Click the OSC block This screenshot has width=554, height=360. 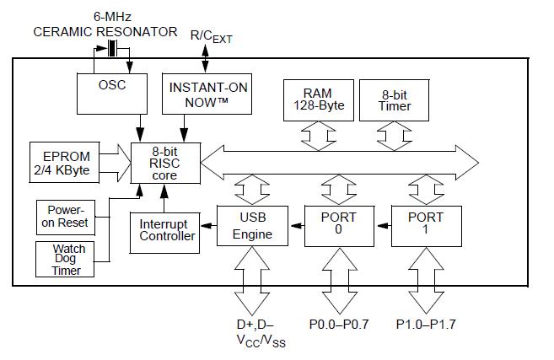[x=112, y=94]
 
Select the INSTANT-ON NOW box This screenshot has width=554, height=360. [x=207, y=94]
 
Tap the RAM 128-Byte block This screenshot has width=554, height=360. [x=319, y=100]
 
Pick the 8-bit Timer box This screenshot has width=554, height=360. [x=395, y=100]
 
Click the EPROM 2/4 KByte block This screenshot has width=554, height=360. [x=64, y=162]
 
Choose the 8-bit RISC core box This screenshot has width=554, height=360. [x=166, y=164]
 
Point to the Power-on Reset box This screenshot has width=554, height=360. [x=66, y=218]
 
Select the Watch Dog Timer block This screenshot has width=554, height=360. [x=65, y=260]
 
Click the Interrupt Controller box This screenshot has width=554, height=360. [x=164, y=233]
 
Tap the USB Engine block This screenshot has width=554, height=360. [x=252, y=226]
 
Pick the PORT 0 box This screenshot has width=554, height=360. [x=339, y=226]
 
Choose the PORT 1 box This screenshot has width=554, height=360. [x=427, y=226]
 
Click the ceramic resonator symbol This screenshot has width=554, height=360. [x=112, y=48]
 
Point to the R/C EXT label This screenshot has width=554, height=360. [x=212, y=37]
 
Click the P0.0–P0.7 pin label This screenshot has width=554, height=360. [x=339, y=324]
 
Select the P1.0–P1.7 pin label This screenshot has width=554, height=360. [x=426, y=324]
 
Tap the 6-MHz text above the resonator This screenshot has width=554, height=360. [x=112, y=17]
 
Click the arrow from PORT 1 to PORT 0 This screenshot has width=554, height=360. [x=383, y=225]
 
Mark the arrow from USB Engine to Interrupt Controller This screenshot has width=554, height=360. [x=208, y=225]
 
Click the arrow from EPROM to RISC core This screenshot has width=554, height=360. [x=116, y=163]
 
